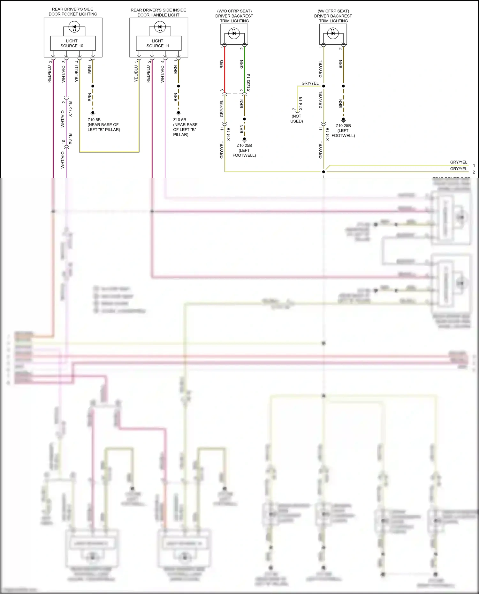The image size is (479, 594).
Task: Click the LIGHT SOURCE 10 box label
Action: pyautogui.click(x=72, y=43)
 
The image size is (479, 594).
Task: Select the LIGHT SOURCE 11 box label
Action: pyautogui.click(x=157, y=43)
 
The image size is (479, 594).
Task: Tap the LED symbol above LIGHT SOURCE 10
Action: pyautogui.click(x=74, y=27)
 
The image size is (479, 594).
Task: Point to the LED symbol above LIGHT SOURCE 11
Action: pyautogui.click(x=160, y=27)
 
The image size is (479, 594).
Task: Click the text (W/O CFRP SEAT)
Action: pyautogui.click(x=234, y=11)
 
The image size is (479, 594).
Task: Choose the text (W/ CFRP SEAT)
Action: pyautogui.click(x=333, y=11)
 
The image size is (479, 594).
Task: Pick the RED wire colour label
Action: pyautogui.click(x=222, y=64)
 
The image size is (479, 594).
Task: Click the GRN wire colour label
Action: pyautogui.click(x=241, y=64)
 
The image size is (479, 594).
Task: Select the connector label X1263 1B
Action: pyautogui.click(x=248, y=83)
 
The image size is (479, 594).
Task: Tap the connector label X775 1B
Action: pyautogui.click(x=70, y=109)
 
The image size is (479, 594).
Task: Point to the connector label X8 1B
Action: pyautogui.click(x=70, y=139)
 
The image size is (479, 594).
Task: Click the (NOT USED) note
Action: pyautogui.click(x=297, y=119)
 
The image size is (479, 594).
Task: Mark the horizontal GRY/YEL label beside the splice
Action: pyautogui.click(x=310, y=83)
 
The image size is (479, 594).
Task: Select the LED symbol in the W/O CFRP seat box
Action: pyautogui.click(x=234, y=33)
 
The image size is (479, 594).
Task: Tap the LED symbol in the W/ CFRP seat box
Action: pyautogui.click(x=333, y=33)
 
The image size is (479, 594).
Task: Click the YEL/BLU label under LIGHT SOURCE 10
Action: pyautogui.click(x=77, y=74)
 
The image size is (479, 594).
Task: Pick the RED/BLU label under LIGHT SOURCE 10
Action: pyautogui.click(x=49, y=74)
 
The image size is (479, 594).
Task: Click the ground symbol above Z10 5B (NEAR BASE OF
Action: pyautogui.click(x=93, y=113)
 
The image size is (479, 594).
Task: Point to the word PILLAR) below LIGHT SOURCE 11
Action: pyautogui.click(x=181, y=135)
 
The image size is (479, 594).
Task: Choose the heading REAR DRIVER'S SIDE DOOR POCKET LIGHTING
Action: pyautogui.click(x=73, y=12)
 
